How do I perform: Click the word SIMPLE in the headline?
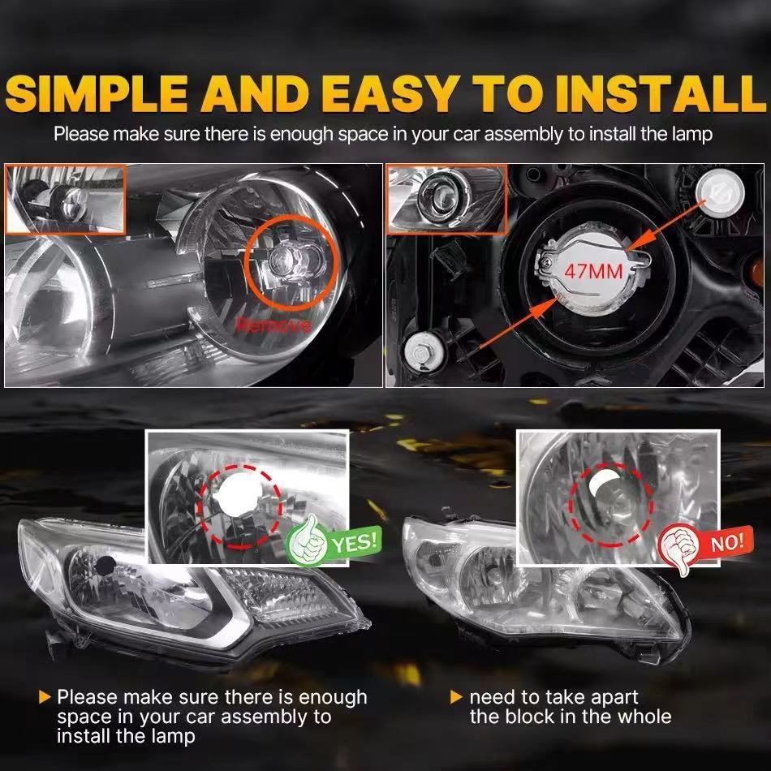click(x=97, y=93)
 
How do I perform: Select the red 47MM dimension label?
click(x=593, y=271)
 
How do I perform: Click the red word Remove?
click(x=274, y=325)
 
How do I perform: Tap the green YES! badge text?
click(x=355, y=542)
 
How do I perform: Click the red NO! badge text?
click(x=727, y=542)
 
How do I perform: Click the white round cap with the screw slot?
click(x=721, y=192)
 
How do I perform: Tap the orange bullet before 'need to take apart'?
click(x=456, y=697)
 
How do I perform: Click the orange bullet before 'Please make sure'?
click(x=45, y=697)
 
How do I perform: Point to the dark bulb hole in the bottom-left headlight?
click(x=105, y=566)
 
